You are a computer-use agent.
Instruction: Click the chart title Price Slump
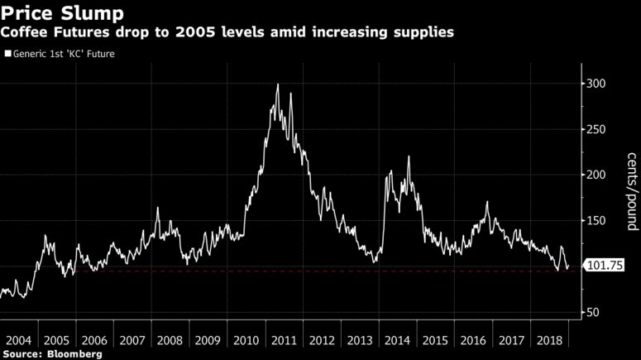(x=63, y=13)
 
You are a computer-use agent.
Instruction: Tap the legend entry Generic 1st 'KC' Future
(x=62, y=53)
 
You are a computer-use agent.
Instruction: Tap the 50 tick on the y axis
(x=593, y=313)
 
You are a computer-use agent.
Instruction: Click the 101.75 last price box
(x=604, y=266)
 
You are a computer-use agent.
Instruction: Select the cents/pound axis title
(x=630, y=191)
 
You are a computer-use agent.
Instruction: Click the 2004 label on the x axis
(x=18, y=340)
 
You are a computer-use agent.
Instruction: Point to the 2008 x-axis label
(x=170, y=340)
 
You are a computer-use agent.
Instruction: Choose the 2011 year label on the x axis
(x=284, y=340)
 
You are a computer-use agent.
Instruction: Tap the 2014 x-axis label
(x=398, y=340)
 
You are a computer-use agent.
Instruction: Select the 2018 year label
(x=550, y=340)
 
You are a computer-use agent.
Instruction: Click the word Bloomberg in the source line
(x=75, y=353)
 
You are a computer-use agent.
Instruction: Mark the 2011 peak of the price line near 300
(x=277, y=84)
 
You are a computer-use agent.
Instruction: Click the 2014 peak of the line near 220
(x=409, y=156)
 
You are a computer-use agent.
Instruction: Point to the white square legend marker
(x=7, y=53)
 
